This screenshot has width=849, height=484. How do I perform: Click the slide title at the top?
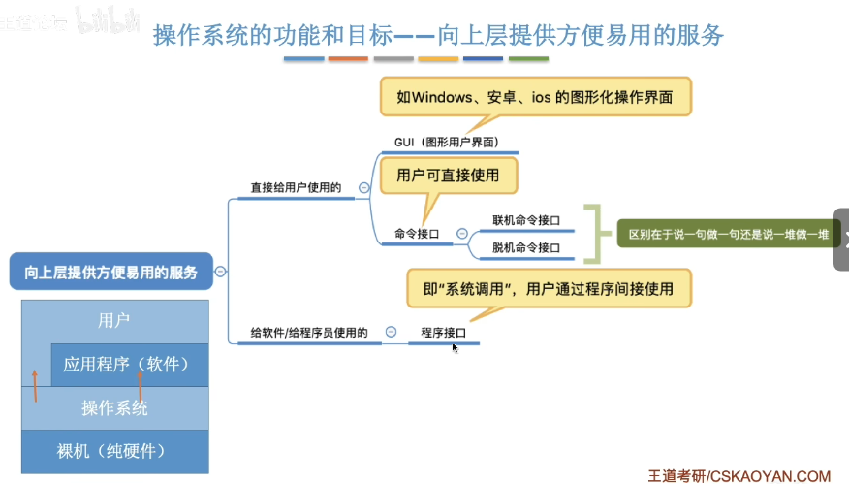438,36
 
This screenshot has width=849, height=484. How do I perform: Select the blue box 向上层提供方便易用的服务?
110,273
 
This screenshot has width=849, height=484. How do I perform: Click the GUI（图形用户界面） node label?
446,143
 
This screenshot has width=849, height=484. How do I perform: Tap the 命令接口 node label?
417,234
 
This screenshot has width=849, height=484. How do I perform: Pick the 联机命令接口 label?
526,220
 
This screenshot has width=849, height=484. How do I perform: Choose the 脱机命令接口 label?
526,247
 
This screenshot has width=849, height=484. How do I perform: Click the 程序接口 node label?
443,333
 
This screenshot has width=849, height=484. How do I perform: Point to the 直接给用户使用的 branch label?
296,187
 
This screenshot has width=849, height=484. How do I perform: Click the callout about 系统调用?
549,289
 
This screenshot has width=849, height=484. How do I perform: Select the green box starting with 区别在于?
728,234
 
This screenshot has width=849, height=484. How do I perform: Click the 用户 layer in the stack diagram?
114,319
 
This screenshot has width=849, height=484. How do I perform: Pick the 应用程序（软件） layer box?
130,365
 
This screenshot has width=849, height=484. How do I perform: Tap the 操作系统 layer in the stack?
114,408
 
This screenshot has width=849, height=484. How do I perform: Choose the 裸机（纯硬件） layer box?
114,451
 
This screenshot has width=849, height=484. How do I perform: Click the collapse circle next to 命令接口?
461,234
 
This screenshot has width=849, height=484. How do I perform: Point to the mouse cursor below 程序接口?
455,347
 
